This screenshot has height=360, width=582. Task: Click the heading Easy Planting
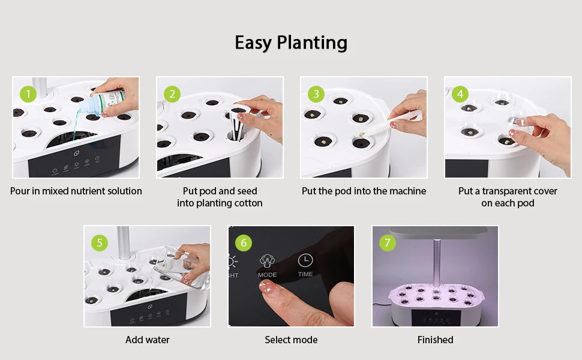click(291, 43)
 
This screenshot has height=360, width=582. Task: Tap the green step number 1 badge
click(27, 94)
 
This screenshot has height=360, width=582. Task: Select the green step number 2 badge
click(172, 94)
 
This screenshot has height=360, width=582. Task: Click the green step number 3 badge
click(316, 94)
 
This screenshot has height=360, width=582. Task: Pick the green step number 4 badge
click(460, 94)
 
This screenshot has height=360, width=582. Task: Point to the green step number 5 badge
click(99, 243)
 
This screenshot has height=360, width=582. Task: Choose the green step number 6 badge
click(243, 243)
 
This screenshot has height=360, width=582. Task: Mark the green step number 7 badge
click(387, 243)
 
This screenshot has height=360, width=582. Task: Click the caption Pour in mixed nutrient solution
click(76, 191)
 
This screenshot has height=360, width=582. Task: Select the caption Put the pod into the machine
click(364, 191)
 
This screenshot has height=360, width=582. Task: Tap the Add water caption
click(147, 340)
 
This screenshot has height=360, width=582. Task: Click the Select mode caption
click(291, 340)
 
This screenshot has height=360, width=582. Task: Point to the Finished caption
click(435, 340)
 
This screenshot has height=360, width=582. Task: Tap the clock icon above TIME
click(305, 260)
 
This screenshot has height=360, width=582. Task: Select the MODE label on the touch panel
click(267, 275)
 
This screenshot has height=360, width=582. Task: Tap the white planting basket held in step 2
click(239, 123)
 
